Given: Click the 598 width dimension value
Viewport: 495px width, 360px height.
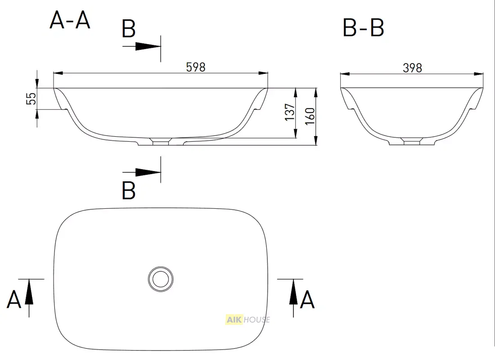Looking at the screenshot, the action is click(x=196, y=67).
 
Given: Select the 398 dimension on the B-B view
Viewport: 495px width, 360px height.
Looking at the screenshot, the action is click(x=412, y=68).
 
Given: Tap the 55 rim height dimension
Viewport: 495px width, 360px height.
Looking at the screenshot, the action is click(x=31, y=99).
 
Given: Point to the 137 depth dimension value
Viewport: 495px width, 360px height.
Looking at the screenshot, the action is click(x=290, y=112).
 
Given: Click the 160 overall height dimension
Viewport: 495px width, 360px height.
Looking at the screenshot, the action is click(x=310, y=116).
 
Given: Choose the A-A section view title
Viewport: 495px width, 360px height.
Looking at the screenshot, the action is click(x=70, y=20).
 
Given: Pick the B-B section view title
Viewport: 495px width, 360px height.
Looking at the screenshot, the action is click(x=363, y=27).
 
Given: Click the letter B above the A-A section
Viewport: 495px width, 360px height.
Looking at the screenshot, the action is click(x=129, y=29).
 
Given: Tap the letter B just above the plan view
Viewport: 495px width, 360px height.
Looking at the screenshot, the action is click(x=129, y=190).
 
